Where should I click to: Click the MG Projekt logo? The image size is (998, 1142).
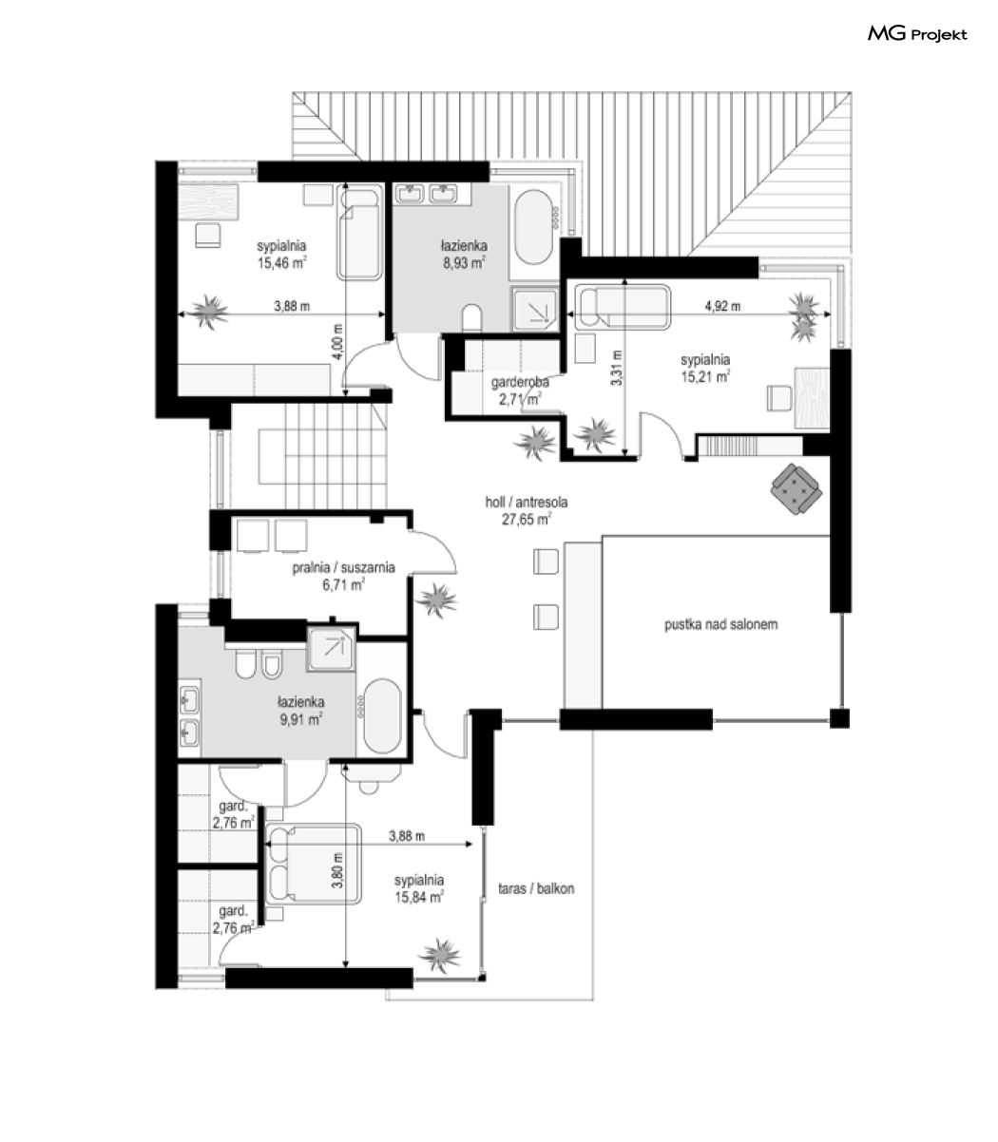[x=917, y=34]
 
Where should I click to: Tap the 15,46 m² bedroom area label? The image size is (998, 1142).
[x=282, y=263]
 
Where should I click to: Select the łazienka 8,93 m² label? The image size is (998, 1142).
[x=464, y=254]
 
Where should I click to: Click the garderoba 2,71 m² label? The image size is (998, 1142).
[x=520, y=390]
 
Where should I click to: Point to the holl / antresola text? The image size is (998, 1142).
[x=527, y=502]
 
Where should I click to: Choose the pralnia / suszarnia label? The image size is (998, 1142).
[x=344, y=567]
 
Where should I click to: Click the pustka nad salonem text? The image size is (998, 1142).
[x=721, y=624]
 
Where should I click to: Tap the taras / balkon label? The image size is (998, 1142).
[x=536, y=888]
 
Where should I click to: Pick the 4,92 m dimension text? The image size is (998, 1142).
[x=722, y=306]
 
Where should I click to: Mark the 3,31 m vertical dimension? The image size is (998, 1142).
[x=616, y=368]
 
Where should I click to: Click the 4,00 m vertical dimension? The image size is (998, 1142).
[x=337, y=342]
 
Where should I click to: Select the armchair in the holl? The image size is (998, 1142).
[x=796, y=489]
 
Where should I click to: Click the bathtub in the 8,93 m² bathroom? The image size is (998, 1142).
[x=533, y=227]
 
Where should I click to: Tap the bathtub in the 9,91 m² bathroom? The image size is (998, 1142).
[x=382, y=716]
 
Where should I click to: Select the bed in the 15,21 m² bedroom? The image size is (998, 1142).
[x=623, y=308]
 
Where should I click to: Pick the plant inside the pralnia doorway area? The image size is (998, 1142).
[x=437, y=601]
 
